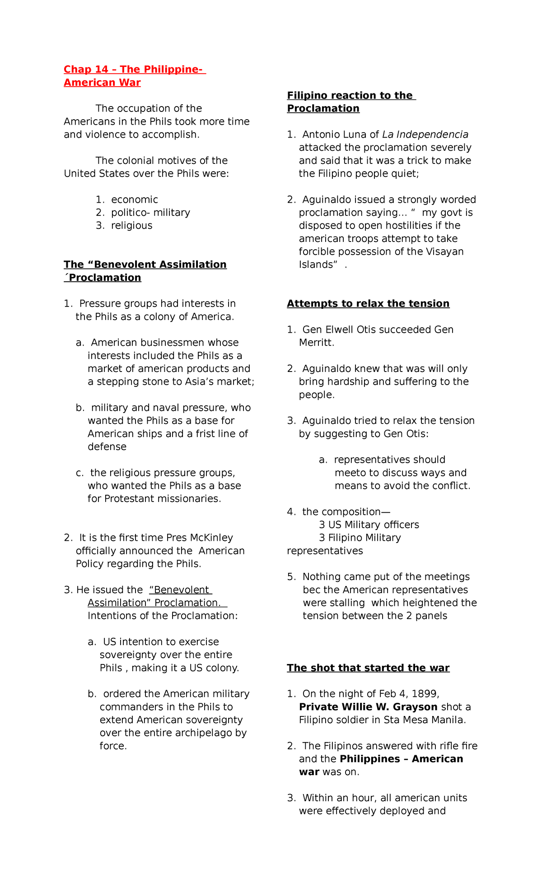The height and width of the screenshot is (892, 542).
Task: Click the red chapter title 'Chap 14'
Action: click(86, 70)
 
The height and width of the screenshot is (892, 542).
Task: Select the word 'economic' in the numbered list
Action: click(134, 200)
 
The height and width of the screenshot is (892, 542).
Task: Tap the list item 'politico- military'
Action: click(150, 213)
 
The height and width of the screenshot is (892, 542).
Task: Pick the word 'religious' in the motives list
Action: click(131, 226)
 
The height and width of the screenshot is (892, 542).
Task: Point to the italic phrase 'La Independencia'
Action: click(425, 135)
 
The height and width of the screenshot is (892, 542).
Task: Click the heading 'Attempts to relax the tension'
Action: click(368, 303)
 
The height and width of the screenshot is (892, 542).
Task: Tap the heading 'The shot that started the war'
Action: click(368, 668)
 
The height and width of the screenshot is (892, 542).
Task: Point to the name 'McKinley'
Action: click(211, 538)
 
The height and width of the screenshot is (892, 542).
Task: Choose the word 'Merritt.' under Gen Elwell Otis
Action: click(316, 343)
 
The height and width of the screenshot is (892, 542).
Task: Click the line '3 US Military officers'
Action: click(369, 525)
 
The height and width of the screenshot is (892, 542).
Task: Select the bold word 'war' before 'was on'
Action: click(309, 772)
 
